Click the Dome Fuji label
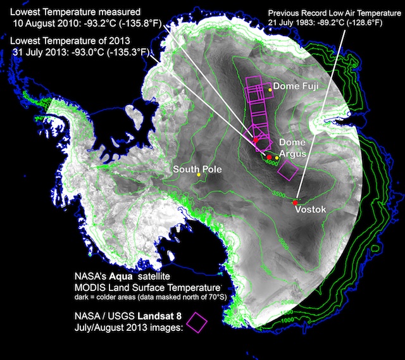[x=295, y=87]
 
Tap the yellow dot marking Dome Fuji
[x=270, y=90]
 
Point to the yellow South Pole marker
[x=199, y=175]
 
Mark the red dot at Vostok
[x=295, y=202]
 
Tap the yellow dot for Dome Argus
[x=277, y=157]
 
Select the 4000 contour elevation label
[x=272, y=163]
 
